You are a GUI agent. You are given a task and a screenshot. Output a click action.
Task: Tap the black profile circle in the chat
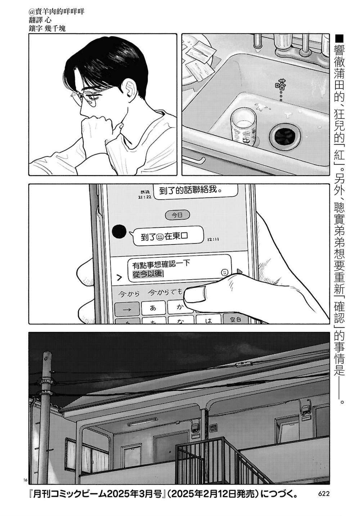pos(119,232)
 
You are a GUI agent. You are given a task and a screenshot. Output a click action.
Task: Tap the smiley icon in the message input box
pos(225,271)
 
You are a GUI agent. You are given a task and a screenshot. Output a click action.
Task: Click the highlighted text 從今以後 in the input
pos(148,274)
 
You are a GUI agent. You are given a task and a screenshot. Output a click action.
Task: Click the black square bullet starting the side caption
pos(340,37)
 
